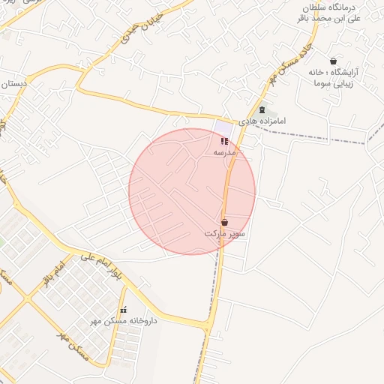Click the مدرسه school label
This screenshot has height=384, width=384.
(x=225, y=152)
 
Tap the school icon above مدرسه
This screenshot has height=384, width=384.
(x=224, y=141)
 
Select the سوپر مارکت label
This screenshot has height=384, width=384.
(x=225, y=234)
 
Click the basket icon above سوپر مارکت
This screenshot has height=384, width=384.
(x=225, y=221)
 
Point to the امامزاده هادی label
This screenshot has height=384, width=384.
(x=262, y=121)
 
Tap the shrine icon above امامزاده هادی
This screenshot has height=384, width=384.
(x=262, y=109)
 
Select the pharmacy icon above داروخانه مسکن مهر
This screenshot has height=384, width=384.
(x=124, y=310)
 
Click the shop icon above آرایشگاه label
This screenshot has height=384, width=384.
(x=333, y=61)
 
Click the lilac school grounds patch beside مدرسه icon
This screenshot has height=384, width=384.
(x=220, y=129)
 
